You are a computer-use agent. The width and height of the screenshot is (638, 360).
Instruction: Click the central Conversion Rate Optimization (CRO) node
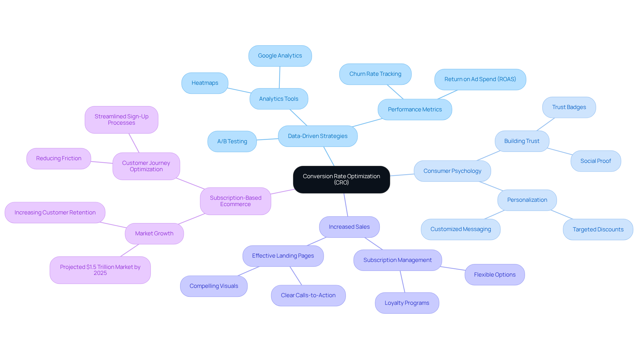click(x=341, y=180)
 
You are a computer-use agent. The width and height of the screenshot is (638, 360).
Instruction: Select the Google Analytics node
click(x=280, y=56)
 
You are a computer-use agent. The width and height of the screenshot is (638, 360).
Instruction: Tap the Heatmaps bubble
click(x=205, y=83)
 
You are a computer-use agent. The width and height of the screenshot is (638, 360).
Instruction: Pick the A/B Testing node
click(x=232, y=141)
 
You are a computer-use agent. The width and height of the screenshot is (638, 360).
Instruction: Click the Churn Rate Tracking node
click(x=375, y=74)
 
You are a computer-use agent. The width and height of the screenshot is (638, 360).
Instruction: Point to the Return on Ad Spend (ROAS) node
click(x=480, y=79)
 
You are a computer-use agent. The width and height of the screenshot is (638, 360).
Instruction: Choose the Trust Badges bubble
click(x=569, y=107)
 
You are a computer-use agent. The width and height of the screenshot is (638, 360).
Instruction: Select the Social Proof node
click(x=595, y=161)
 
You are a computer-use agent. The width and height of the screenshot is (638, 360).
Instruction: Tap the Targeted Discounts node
click(x=598, y=229)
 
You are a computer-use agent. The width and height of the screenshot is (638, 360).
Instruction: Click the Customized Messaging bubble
click(x=461, y=229)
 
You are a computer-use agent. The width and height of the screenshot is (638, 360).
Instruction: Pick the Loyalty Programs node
click(x=407, y=303)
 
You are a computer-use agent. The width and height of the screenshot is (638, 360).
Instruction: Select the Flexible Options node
click(x=494, y=275)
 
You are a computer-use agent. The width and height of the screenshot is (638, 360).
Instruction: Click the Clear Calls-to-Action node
click(x=308, y=296)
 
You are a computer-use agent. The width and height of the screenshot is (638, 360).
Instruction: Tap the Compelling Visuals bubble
click(x=214, y=286)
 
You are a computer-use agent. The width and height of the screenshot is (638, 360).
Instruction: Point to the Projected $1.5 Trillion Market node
click(x=100, y=270)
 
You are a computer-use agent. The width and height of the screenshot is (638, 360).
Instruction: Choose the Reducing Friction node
click(x=58, y=159)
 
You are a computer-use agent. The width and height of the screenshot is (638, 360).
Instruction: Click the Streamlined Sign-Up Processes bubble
click(x=121, y=120)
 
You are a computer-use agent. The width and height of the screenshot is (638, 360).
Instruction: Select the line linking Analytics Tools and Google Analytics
click(x=279, y=77)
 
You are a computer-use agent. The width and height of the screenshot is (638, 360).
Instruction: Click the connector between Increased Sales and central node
click(x=346, y=205)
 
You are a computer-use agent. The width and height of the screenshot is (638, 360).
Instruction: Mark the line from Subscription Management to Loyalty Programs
click(x=402, y=282)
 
